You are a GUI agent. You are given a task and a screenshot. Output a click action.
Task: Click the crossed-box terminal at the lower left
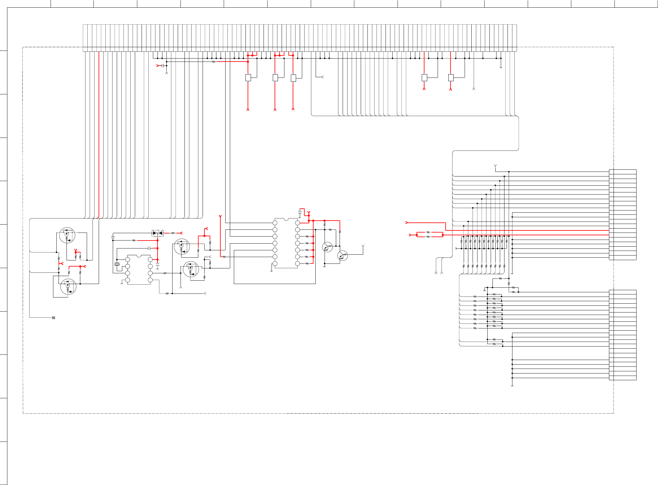(54, 318)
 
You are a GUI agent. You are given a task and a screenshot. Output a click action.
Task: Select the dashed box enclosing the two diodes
(158, 233)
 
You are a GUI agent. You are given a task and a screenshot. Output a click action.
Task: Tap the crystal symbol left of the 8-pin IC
(117, 264)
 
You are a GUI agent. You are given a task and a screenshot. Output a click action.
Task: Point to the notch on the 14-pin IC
(286, 219)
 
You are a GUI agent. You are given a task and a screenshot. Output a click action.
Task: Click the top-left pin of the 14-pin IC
(275, 223)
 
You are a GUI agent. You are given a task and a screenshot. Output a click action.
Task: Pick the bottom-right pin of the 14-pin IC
(297, 263)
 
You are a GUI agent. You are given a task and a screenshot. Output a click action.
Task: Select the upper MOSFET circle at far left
(67, 235)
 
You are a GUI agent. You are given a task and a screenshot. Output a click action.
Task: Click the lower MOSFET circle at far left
(68, 287)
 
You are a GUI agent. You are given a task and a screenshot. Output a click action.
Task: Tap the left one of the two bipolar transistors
(327, 247)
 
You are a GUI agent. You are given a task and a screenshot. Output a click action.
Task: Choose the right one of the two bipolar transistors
(342, 256)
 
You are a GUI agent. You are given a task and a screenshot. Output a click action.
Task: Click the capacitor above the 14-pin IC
(300, 212)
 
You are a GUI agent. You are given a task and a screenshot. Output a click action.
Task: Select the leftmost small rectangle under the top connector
(248, 78)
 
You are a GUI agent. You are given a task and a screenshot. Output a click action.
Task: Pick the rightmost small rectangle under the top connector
(451, 78)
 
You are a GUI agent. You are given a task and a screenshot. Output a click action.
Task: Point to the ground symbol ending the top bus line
(501, 67)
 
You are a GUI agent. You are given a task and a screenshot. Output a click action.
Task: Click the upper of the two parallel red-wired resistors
(428, 233)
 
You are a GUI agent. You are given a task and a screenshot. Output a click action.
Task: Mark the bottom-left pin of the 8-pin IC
(127, 280)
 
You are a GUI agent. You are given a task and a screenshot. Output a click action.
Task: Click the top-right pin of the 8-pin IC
(150, 260)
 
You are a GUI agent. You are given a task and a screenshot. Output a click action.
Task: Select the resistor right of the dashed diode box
(173, 233)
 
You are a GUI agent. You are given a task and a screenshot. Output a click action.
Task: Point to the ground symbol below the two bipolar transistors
(325, 266)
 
